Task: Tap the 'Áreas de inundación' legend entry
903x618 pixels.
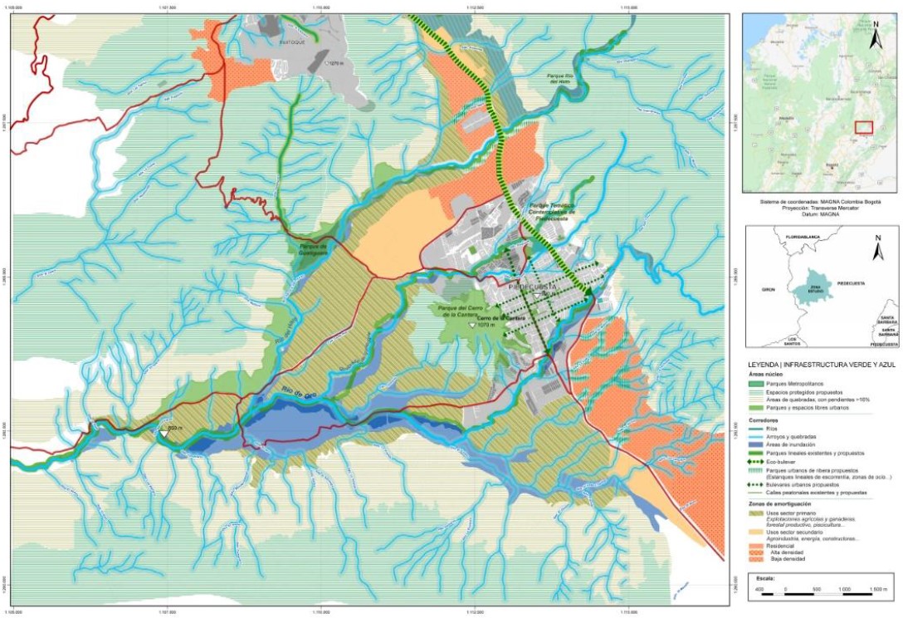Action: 755,444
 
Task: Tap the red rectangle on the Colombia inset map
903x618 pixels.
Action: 864,127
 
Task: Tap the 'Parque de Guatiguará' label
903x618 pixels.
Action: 310,249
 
